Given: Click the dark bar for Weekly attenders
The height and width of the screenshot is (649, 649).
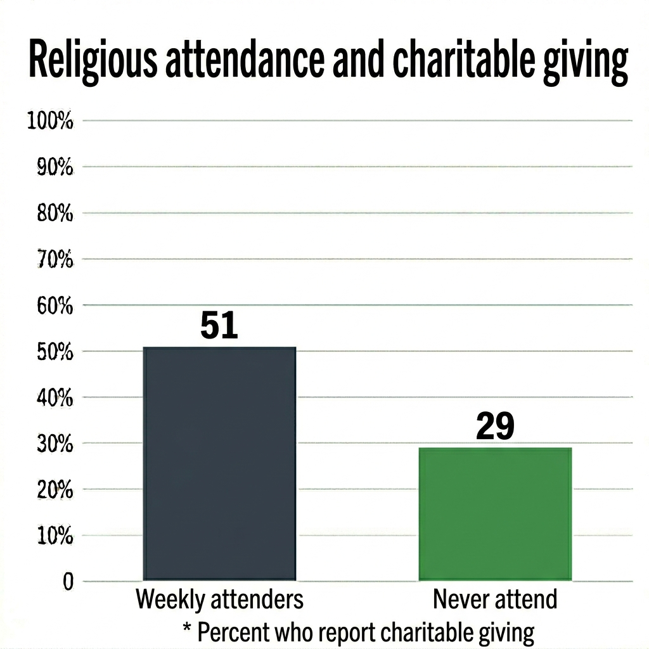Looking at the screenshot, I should click(219, 463).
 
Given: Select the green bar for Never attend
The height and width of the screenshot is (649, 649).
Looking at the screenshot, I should click(495, 514).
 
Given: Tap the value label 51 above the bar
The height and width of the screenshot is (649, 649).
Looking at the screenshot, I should click(219, 326).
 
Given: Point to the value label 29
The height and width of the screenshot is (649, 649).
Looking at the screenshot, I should click(494, 427).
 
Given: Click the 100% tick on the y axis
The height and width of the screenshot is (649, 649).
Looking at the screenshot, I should click(50, 121).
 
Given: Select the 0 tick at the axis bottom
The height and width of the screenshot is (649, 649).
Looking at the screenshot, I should click(68, 582).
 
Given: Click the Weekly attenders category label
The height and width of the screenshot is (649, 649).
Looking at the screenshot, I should click(219, 599).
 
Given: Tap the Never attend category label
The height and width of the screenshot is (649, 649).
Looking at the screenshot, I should click(495, 599).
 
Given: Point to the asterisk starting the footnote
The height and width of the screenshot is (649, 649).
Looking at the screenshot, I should click(186, 629).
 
